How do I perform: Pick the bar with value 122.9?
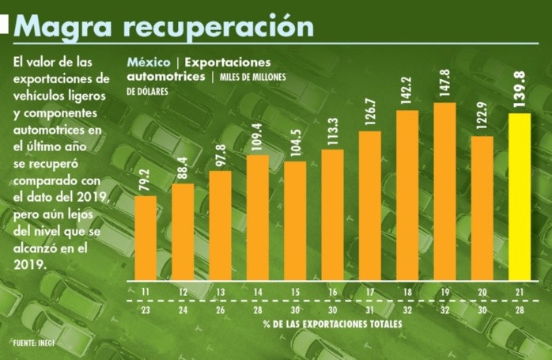(x=482, y=210)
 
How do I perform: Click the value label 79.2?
(x=145, y=177)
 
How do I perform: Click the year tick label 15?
(x=294, y=292)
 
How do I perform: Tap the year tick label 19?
(x=444, y=292)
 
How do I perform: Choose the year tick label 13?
(x=220, y=292)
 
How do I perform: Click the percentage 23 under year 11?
(x=145, y=310)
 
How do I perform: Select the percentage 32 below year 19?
(x=444, y=310)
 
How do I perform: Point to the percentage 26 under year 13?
(x=220, y=310)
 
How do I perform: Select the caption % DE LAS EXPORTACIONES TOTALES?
(x=332, y=324)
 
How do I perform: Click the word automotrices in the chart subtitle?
(x=166, y=77)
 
